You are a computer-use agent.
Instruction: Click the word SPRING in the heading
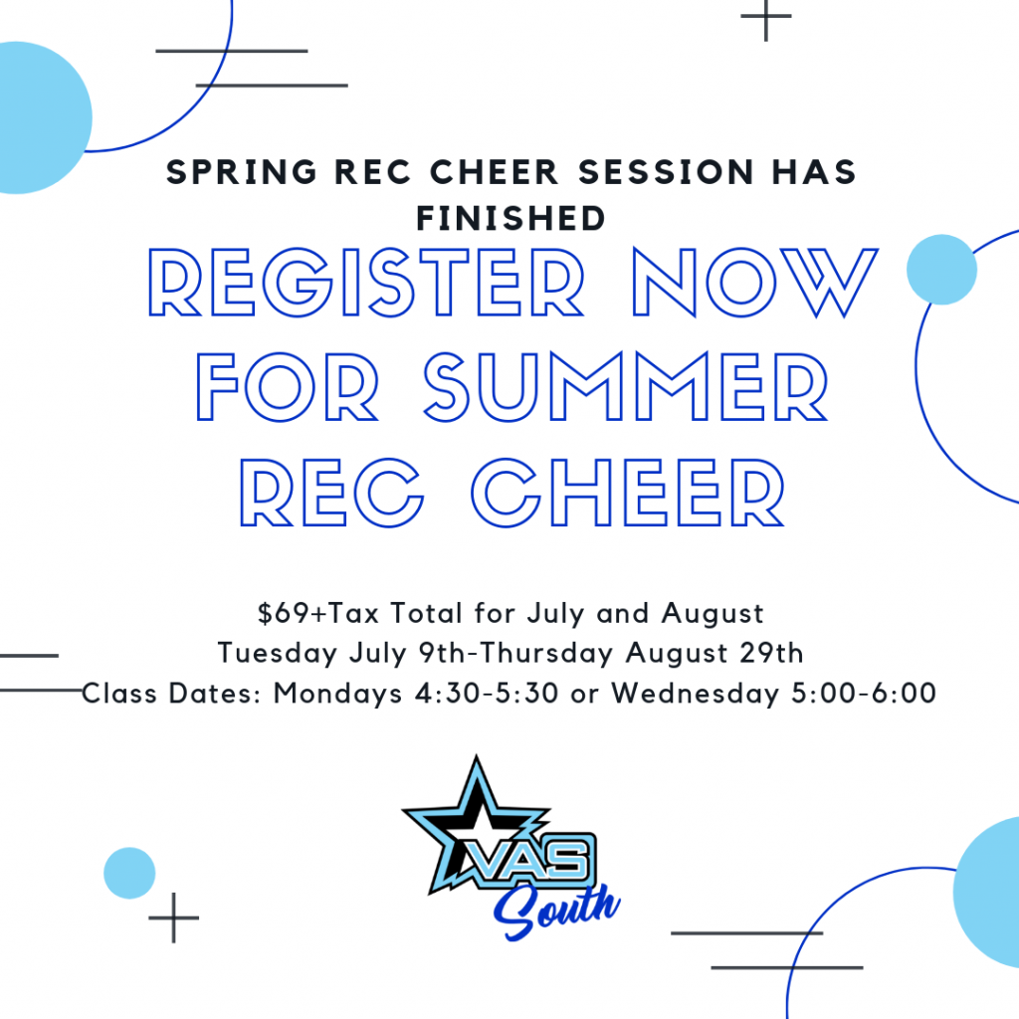(242, 173)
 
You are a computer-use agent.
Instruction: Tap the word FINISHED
(510, 218)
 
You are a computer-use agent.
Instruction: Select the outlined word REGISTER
(366, 283)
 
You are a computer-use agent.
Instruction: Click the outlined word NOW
(754, 283)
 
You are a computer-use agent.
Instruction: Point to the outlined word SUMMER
(626, 387)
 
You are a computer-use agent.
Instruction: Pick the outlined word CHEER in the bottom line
(629, 492)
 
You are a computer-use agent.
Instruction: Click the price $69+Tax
(318, 613)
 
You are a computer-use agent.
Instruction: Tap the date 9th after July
(442, 653)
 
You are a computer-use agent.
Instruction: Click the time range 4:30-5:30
(487, 694)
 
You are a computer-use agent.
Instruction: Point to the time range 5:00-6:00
(864, 694)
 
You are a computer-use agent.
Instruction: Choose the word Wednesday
(695, 695)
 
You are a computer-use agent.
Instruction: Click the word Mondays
(338, 695)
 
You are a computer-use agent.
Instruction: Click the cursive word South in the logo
(556, 911)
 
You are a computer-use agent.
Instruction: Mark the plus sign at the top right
(766, 16)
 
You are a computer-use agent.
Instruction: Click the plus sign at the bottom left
(173, 917)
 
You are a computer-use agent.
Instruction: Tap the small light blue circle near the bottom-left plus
(129, 873)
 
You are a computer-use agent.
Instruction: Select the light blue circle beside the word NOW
(941, 270)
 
